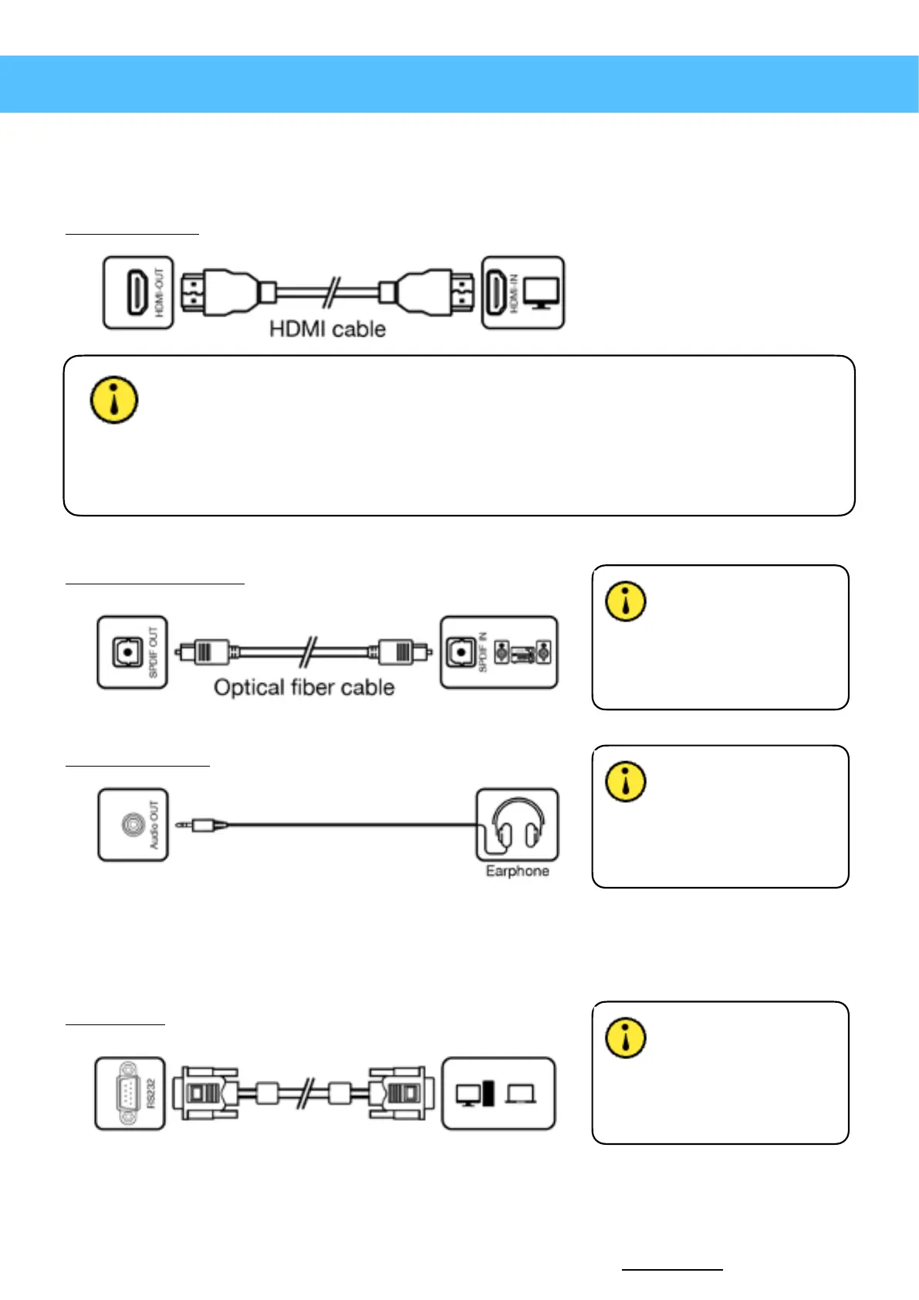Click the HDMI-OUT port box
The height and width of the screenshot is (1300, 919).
click(x=138, y=293)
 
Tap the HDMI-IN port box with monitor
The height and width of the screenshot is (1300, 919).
click(x=523, y=293)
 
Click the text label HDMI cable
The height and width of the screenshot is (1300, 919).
click(x=327, y=330)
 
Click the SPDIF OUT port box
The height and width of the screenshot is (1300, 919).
click(x=132, y=653)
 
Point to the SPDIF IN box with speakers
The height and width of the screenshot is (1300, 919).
click(x=498, y=653)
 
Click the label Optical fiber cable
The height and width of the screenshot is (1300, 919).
click(x=304, y=688)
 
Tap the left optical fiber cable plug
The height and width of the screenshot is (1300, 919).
click(x=204, y=652)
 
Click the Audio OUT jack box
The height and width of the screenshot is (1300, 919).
click(x=133, y=825)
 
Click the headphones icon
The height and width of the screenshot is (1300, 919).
click(x=518, y=823)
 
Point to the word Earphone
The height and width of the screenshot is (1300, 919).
click(x=517, y=871)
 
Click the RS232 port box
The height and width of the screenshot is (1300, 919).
click(x=130, y=1094)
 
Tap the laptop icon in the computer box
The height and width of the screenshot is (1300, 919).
click(x=522, y=1094)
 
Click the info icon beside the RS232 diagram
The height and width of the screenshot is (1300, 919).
click(x=626, y=1038)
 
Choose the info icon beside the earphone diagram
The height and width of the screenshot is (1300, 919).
click(x=626, y=781)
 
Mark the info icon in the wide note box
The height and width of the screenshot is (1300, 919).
click(x=114, y=400)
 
